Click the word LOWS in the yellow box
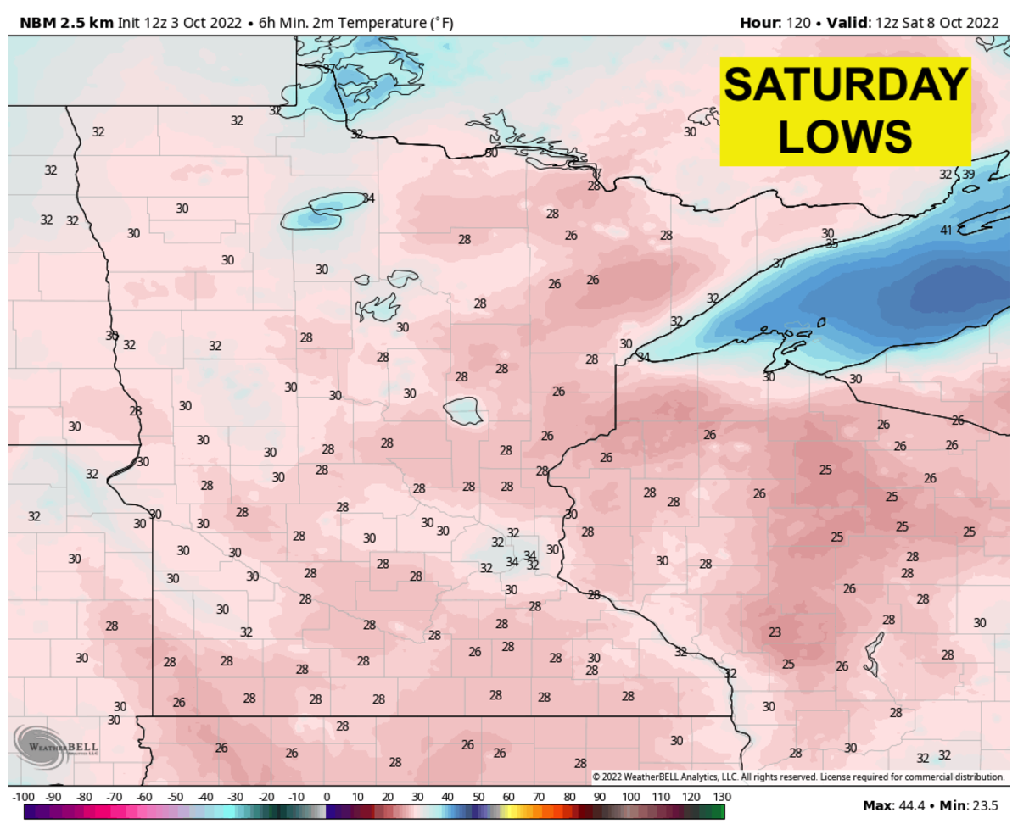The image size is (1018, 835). coord(845,135)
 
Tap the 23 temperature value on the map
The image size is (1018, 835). coord(774,632)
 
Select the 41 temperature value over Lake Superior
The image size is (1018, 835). coord(946,231)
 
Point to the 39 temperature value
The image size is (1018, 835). coord(968,174)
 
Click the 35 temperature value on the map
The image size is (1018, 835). coord(831,244)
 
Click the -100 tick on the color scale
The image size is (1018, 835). coord(23,797)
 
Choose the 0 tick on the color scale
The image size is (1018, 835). coord(327,797)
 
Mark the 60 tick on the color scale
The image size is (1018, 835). coord(508,797)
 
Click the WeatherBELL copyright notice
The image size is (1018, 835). coord(797,777)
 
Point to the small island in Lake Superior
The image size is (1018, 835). coord(821,321)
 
